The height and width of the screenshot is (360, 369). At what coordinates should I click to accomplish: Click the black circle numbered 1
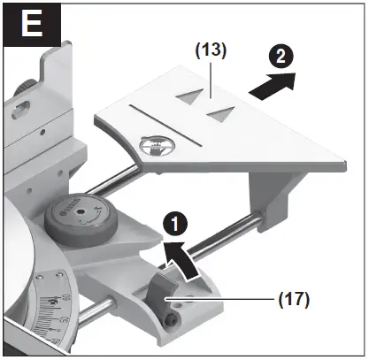(x=176, y=220)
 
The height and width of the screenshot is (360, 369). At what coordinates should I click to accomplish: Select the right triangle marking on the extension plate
(x=224, y=112)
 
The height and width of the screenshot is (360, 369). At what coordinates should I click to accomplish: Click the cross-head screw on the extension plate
(x=156, y=144)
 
